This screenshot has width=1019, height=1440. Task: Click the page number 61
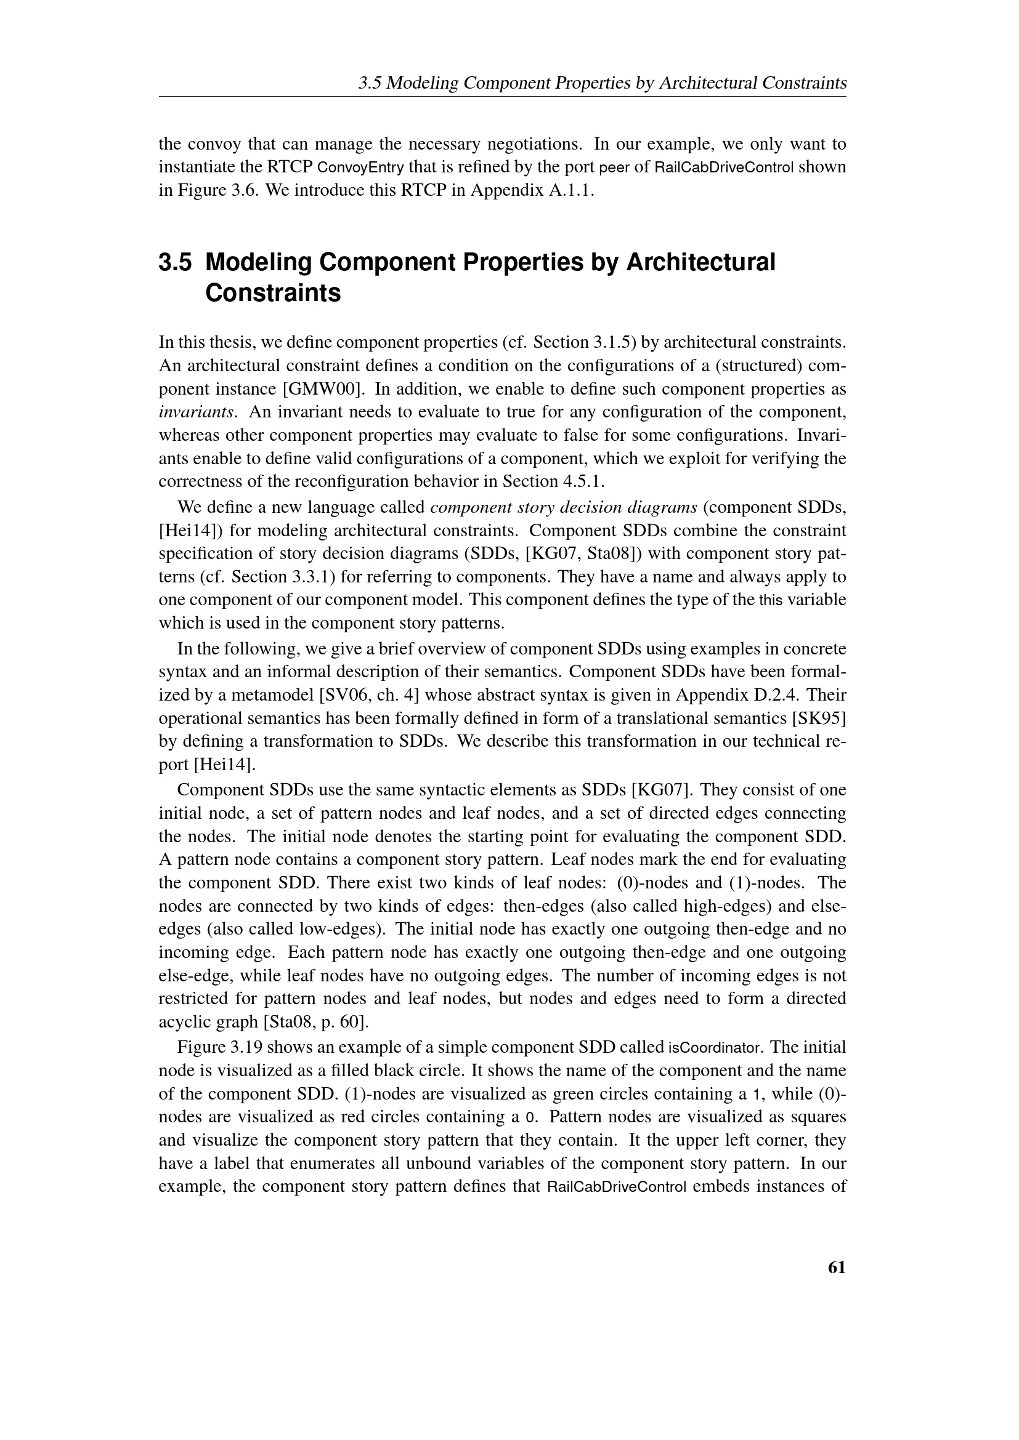click(837, 1268)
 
